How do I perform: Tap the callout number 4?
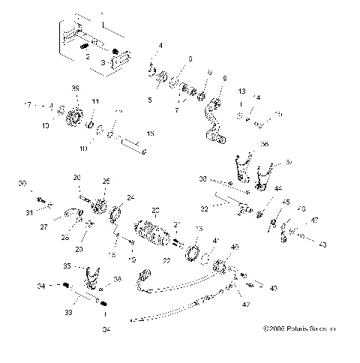tap(160, 46)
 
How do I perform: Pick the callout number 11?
tap(95, 100)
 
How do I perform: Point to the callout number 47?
tap(314, 220)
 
